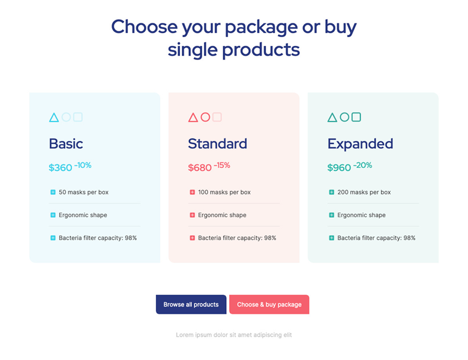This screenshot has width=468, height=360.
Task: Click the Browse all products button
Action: pos(191,304)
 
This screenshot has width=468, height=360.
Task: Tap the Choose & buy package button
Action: pos(269,304)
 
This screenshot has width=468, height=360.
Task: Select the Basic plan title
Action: pos(66,143)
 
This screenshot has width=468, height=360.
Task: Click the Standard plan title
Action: pos(218,143)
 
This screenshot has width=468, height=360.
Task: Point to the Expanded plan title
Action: pos(360,144)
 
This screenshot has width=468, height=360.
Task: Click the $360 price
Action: pos(61,167)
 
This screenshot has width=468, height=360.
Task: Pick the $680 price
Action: pos(200,167)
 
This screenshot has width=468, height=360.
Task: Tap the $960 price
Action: pos(339,167)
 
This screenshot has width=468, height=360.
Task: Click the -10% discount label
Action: pos(83,165)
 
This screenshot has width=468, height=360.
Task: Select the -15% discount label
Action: pos(222,165)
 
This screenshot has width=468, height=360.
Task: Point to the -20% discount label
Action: pos(362,165)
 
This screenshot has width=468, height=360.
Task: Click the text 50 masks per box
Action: pos(83,192)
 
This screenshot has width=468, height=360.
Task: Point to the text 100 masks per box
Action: pos(224,192)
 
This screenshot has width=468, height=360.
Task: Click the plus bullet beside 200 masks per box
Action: pos(331,192)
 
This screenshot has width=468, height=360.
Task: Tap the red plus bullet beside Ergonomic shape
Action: pos(192,215)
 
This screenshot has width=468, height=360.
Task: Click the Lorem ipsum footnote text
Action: pos(234,335)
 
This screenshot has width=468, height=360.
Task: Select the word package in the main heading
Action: pos(261,28)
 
